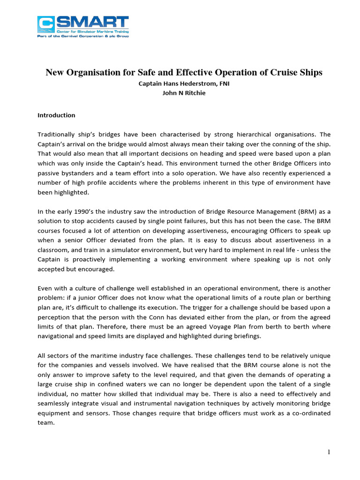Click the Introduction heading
coord(56,115)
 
